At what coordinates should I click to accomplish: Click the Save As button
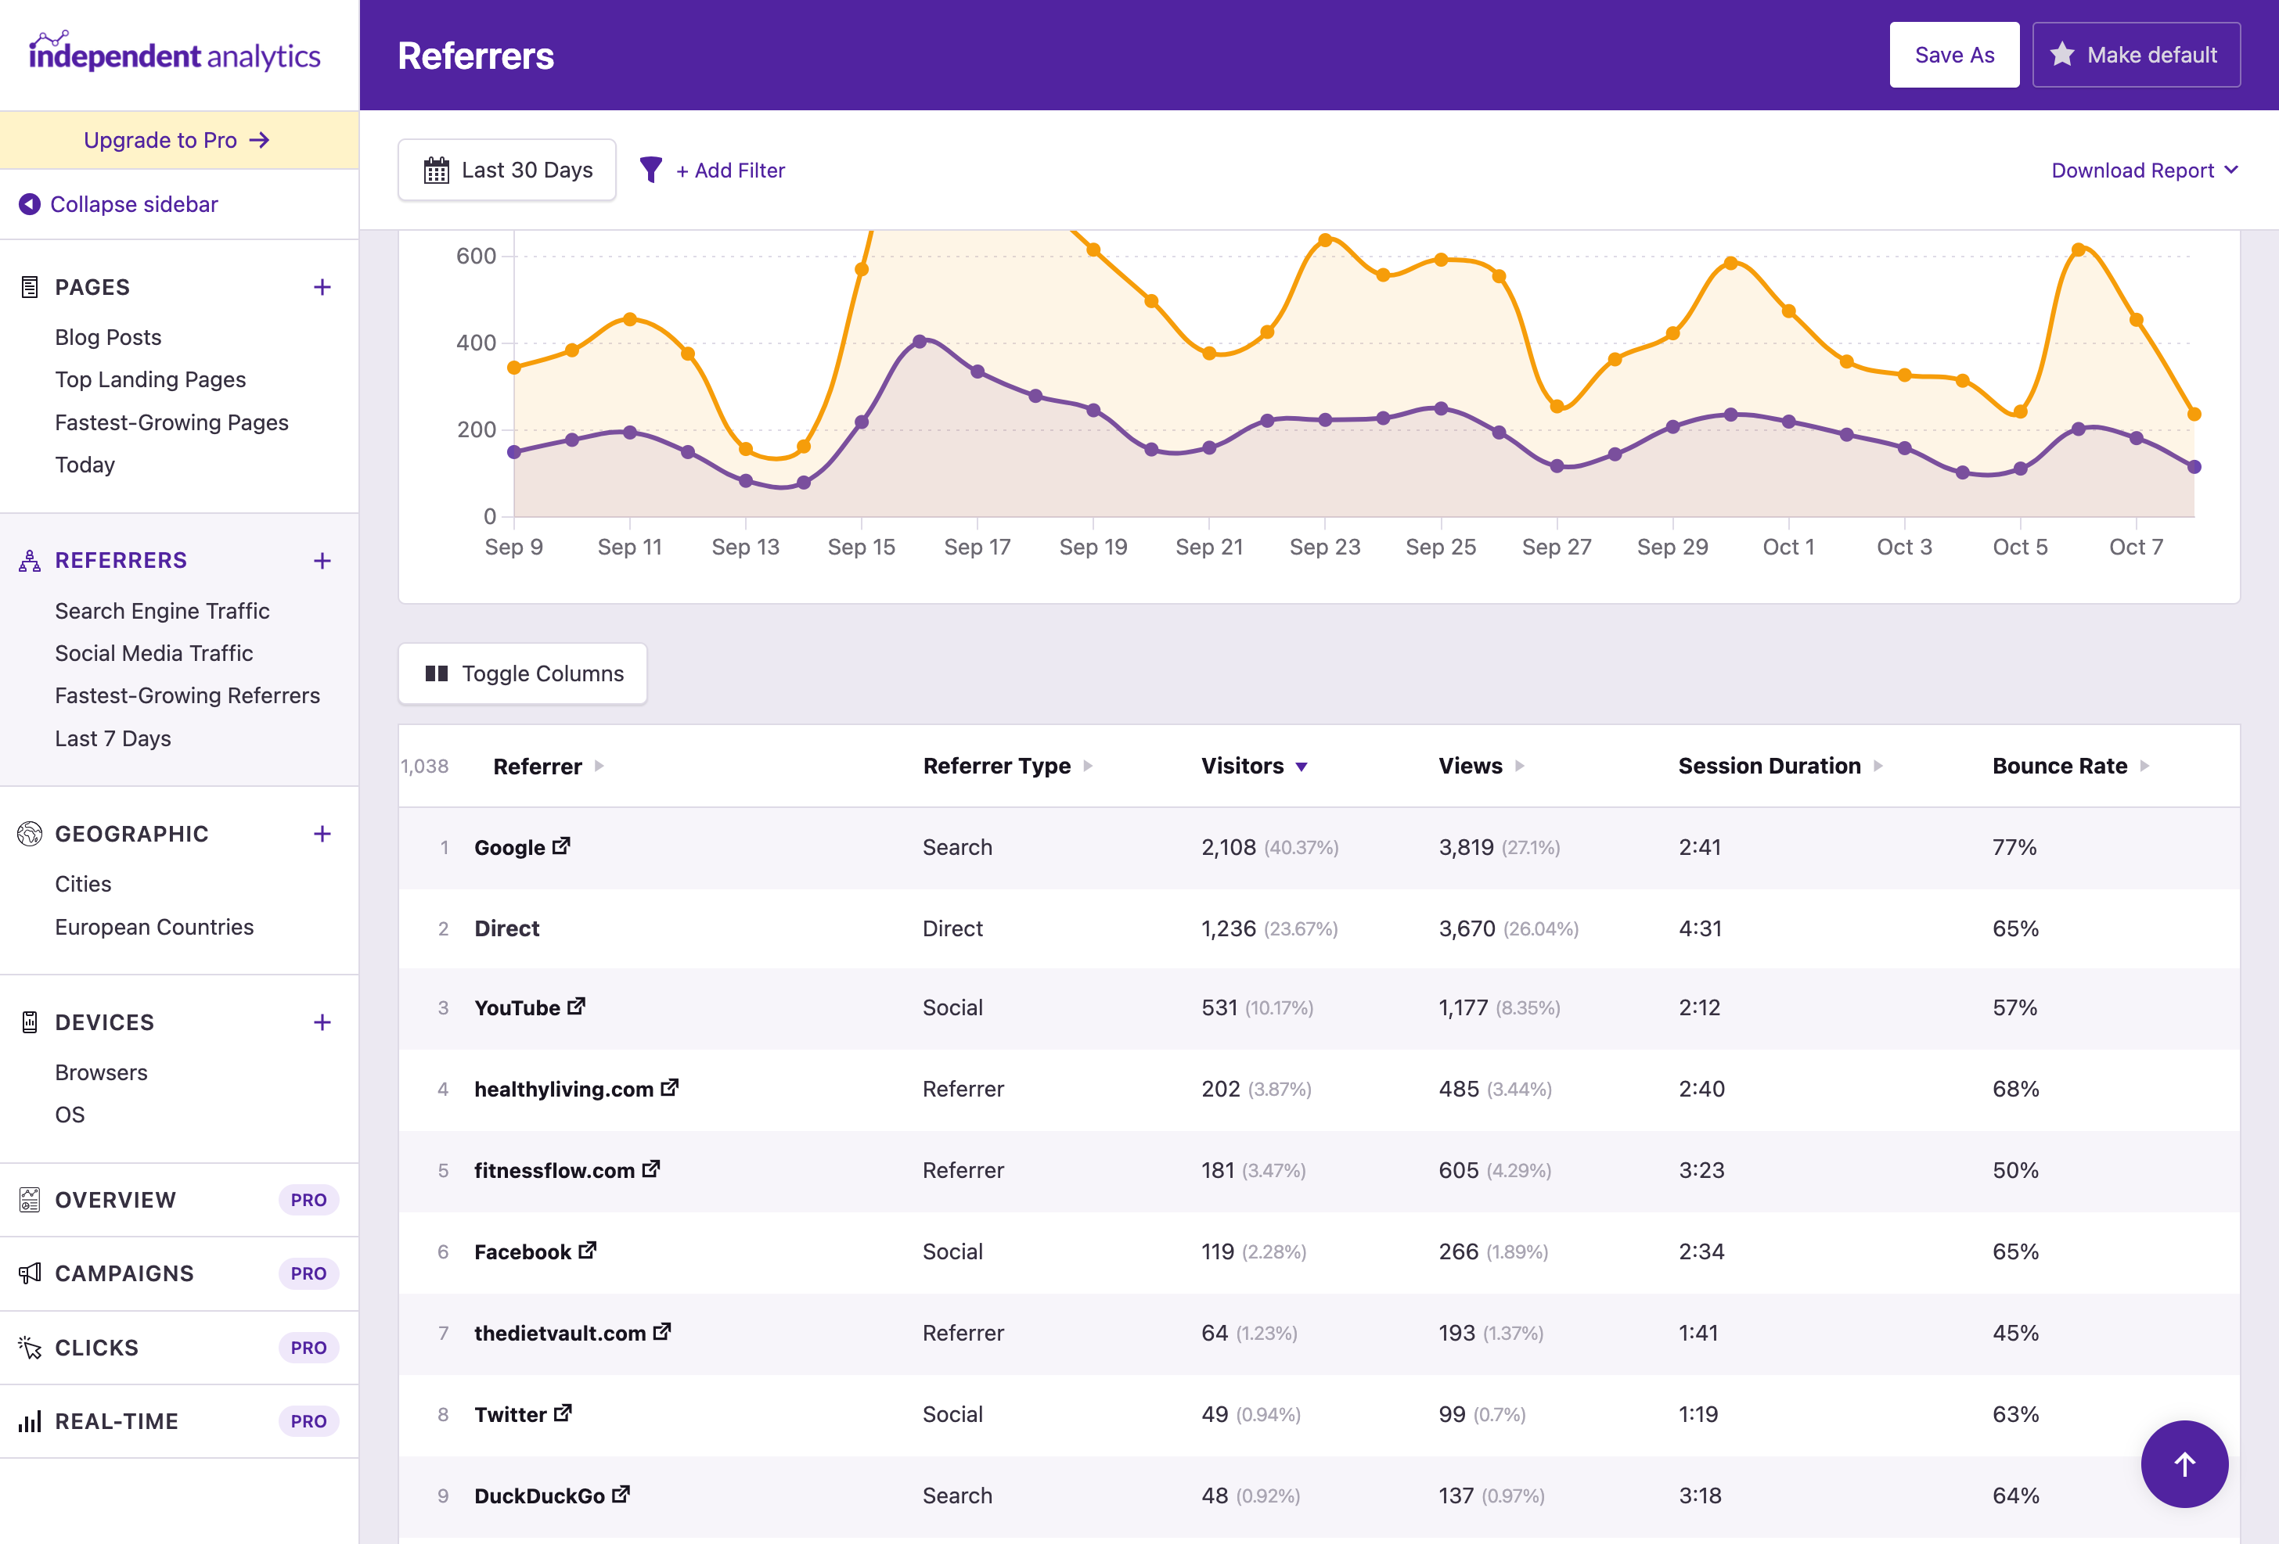[1953, 55]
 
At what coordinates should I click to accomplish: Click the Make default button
[2135, 55]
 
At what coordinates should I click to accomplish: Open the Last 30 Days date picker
[507, 171]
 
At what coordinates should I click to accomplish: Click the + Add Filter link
[730, 171]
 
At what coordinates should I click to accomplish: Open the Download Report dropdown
[2144, 171]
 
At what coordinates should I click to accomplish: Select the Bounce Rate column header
[2058, 766]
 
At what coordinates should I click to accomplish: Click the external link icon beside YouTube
[577, 1006]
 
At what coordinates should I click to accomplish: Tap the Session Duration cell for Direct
[1699, 928]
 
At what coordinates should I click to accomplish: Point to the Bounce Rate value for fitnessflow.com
[2014, 1170]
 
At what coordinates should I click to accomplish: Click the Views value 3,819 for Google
[1465, 847]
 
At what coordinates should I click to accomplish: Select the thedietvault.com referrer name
[559, 1334]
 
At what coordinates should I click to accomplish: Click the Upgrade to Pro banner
[178, 140]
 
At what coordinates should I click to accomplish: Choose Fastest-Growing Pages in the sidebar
[171, 422]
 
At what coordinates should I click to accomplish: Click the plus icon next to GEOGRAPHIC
[322, 835]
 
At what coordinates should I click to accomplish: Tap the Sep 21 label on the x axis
[1208, 547]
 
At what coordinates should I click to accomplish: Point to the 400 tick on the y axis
[476, 343]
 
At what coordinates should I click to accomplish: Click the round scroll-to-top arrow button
[2183, 1463]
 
